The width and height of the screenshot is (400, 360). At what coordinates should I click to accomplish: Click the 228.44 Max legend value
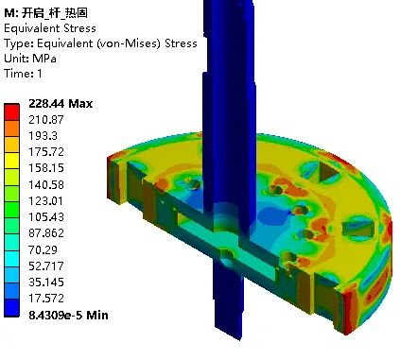tap(61, 104)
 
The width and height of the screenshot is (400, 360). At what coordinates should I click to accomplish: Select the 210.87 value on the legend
tap(46, 120)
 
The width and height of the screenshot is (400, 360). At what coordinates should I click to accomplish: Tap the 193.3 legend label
tap(43, 136)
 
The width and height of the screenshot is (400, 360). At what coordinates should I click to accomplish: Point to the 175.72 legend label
tap(46, 152)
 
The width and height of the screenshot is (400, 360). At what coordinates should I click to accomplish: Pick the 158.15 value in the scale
tap(46, 168)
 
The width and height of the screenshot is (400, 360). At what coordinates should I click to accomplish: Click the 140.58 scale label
tap(46, 184)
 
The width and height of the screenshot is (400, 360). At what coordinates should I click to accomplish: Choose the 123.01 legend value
tap(46, 200)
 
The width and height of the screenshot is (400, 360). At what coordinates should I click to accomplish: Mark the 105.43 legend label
tap(46, 217)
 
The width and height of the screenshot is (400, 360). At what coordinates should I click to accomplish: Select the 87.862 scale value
tap(46, 233)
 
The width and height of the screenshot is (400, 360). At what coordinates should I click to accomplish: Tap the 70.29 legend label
tap(43, 249)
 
